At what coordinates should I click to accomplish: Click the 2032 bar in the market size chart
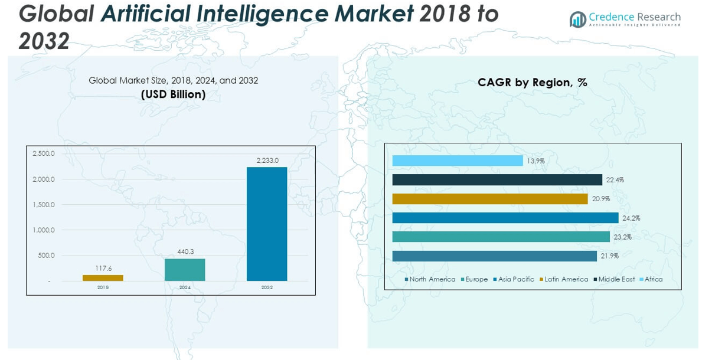click(x=267, y=224)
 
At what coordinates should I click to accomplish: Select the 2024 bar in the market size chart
click(x=185, y=270)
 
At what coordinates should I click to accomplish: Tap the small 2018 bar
click(x=103, y=278)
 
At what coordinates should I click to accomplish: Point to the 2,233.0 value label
click(x=267, y=160)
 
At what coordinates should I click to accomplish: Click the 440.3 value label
click(x=185, y=252)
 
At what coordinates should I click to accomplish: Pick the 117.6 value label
click(x=103, y=269)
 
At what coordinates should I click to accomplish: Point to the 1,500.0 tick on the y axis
click(x=44, y=205)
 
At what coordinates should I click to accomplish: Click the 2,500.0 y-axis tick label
click(x=44, y=153)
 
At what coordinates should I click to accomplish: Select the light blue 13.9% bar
click(x=458, y=161)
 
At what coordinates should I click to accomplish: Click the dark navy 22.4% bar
click(x=497, y=180)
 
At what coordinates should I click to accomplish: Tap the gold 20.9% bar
click(x=490, y=199)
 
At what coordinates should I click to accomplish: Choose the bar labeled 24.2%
click(x=505, y=218)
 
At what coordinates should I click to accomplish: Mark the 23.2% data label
click(x=622, y=237)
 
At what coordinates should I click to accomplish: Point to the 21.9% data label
click(x=609, y=256)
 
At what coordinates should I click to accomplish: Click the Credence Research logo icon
click(x=577, y=19)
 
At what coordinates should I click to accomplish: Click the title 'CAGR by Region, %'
click(x=532, y=83)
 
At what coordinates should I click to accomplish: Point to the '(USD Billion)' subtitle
click(x=173, y=94)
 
